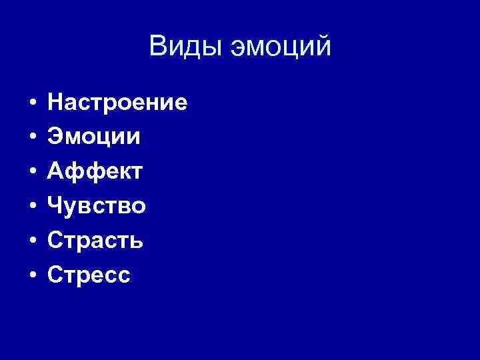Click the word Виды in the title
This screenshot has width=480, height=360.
click(x=186, y=47)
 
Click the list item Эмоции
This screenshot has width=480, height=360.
click(x=94, y=137)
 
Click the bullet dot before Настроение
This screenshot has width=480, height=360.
click(x=31, y=104)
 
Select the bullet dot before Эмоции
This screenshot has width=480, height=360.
click(x=31, y=139)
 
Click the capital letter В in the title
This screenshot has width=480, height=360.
click(x=159, y=47)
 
